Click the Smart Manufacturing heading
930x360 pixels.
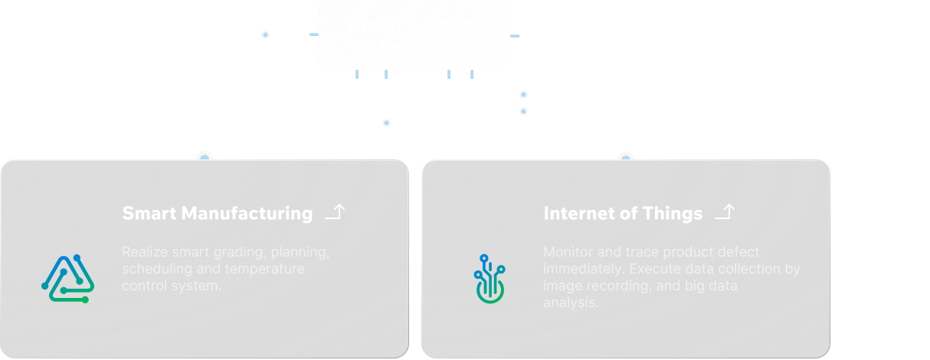pyautogui.click(x=217, y=214)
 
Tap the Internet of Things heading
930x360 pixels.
pyautogui.click(x=622, y=214)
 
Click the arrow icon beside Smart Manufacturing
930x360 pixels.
pyautogui.click(x=335, y=212)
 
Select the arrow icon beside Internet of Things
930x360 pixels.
pyautogui.click(x=725, y=212)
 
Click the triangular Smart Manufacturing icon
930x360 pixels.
pyautogui.click(x=67, y=278)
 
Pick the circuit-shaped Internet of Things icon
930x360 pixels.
pyautogui.click(x=490, y=278)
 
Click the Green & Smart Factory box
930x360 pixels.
pyautogui.click(x=414, y=35)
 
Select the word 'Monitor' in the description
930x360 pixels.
pyautogui.click(x=568, y=252)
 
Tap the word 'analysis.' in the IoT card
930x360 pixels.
pyautogui.click(x=570, y=303)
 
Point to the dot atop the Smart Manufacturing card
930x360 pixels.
pyautogui.click(x=205, y=157)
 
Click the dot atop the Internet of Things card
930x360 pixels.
pyautogui.click(x=626, y=157)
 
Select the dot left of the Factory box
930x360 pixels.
pyautogui.click(x=265, y=34)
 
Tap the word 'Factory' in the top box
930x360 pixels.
pyautogui.click(x=414, y=47)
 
